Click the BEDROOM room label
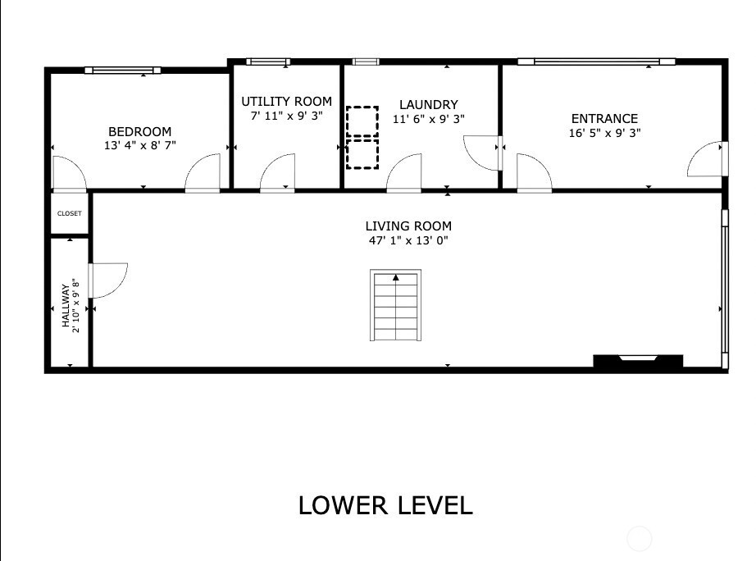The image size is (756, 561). tap(140, 132)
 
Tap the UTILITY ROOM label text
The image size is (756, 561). tap(286, 102)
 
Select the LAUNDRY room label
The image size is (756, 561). tap(429, 105)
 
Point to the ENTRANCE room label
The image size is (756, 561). tap(604, 119)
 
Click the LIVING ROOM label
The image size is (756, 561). tap(408, 226)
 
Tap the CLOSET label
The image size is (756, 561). tap(70, 213)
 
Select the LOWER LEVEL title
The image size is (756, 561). tap(385, 505)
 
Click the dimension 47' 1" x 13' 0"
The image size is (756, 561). tap(408, 240)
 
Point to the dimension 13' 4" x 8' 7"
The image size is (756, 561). tap(140, 145)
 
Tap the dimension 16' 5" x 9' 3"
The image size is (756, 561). tap(604, 133)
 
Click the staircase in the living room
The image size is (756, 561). tap(395, 305)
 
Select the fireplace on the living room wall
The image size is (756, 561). tap(638, 361)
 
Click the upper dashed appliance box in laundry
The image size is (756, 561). tap(362, 121)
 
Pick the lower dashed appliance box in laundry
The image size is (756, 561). tap(362, 154)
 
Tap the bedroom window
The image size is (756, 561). tap(122, 70)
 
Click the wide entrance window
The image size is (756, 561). tap(596, 62)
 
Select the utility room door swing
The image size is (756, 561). tap(277, 173)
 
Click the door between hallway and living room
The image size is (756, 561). tap(108, 280)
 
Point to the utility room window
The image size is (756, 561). tap(268, 62)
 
